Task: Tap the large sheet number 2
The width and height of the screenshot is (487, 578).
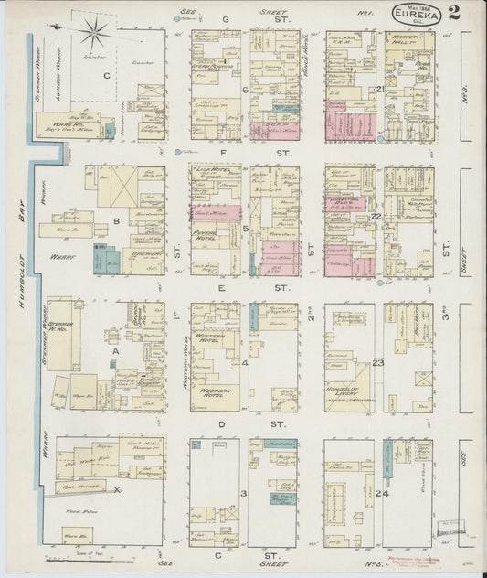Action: click(x=454, y=13)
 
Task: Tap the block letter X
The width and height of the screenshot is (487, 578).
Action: click(x=118, y=490)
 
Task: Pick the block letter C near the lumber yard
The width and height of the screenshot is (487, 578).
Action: click(x=107, y=77)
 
